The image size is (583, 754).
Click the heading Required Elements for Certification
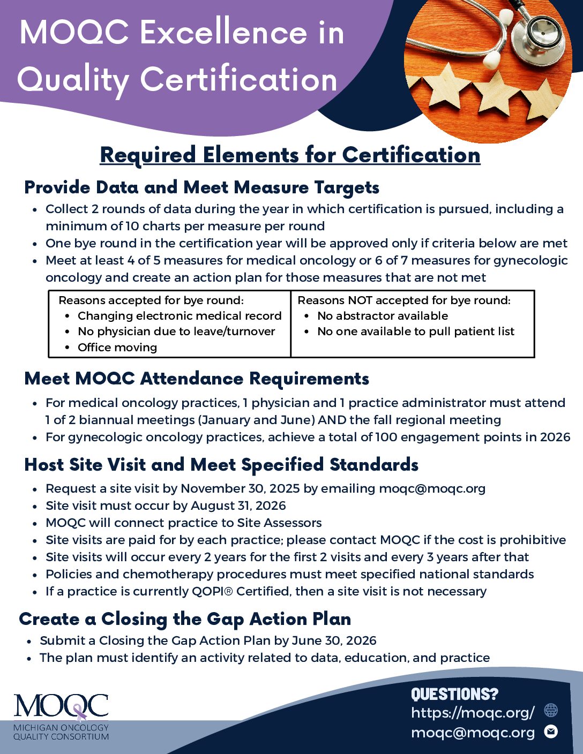coord(290,155)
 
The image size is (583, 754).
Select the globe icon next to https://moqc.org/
coord(551,711)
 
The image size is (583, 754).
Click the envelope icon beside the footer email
coord(551,732)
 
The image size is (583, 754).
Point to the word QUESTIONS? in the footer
coord(454,694)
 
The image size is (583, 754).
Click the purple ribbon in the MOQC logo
coord(79,712)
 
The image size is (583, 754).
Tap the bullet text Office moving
coord(117,348)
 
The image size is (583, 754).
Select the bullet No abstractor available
coord(383,316)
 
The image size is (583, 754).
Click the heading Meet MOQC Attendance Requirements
coord(197,379)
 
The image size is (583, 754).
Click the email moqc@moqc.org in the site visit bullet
coord(432,488)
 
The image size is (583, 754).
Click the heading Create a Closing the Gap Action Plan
coord(185,619)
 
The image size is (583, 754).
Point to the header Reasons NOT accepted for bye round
coord(403,300)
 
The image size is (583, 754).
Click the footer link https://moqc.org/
coord(473,712)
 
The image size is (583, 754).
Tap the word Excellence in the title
coord(223,33)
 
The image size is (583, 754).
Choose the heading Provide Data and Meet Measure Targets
coord(201,187)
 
